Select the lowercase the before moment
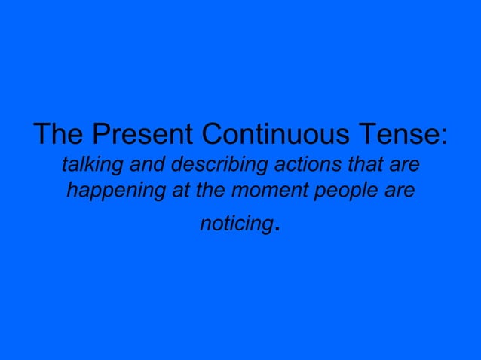click(x=210, y=191)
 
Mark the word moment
click(x=266, y=191)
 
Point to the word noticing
click(x=236, y=224)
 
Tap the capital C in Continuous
click(x=207, y=136)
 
